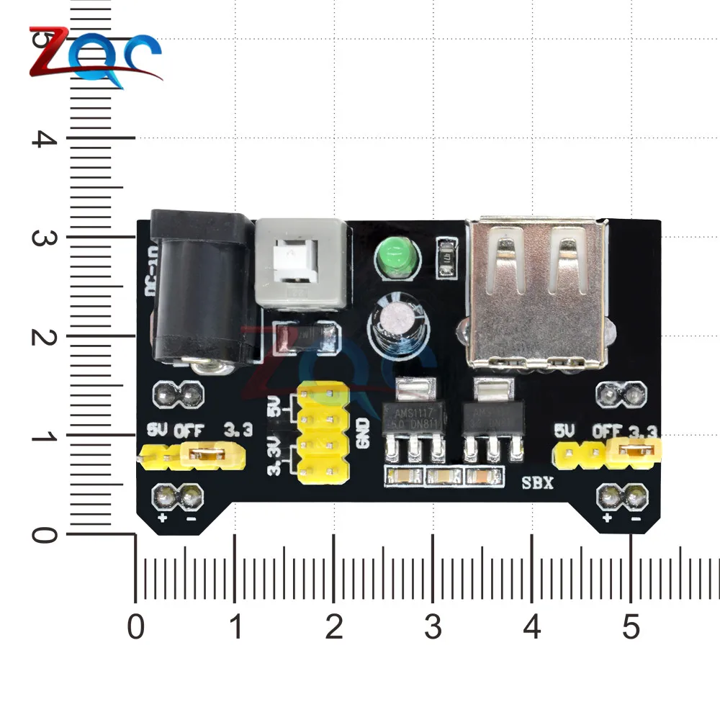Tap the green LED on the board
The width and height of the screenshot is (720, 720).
point(393,255)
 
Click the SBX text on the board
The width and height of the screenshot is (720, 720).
point(537,483)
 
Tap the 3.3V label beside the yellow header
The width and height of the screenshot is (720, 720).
point(273,461)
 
